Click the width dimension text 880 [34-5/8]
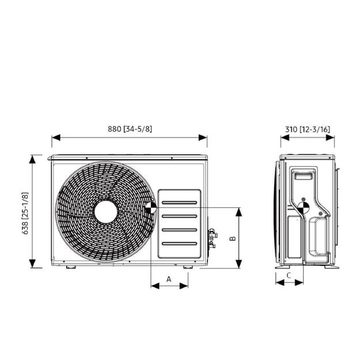pyautogui.click(x=130, y=129)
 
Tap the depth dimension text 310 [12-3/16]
pyautogui.click(x=308, y=129)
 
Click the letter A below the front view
pyautogui.click(x=169, y=278)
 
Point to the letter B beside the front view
pyautogui.click(x=233, y=237)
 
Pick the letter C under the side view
pyautogui.click(x=289, y=275)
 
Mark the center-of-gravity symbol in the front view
pyautogui.click(x=150, y=207)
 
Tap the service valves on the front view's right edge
pyautogui.click(x=212, y=237)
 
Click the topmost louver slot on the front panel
pyautogui.click(x=179, y=203)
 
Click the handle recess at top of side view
pyautogui.click(x=304, y=175)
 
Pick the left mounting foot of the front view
pyautogui.click(x=69, y=267)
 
